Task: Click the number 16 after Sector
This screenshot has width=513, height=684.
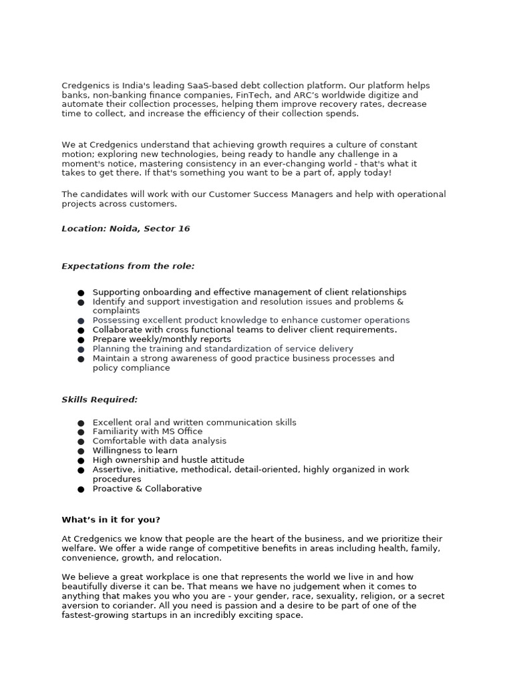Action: pyautogui.click(x=184, y=228)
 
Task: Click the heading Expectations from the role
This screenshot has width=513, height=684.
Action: pyautogui.click(x=128, y=266)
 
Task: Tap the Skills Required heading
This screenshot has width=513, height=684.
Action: pyautogui.click(x=100, y=399)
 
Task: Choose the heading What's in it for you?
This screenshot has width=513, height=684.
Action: pyautogui.click(x=111, y=520)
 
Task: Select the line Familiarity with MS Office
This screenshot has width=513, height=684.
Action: pyautogui.click(x=148, y=432)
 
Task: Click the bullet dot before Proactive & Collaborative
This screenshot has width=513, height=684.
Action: pyautogui.click(x=81, y=489)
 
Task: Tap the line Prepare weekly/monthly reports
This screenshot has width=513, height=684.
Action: pyautogui.click(x=162, y=339)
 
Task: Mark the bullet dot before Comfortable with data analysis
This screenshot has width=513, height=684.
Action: pyautogui.click(x=81, y=442)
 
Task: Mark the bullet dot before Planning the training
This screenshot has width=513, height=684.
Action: pyautogui.click(x=81, y=349)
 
